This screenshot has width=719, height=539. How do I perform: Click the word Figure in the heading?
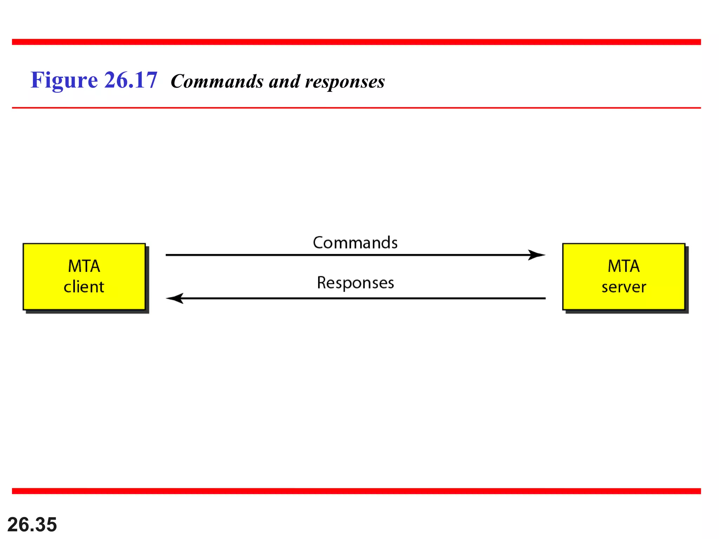click(64, 80)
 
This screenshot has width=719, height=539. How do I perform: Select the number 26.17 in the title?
click(131, 80)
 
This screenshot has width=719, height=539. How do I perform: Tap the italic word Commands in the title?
click(217, 82)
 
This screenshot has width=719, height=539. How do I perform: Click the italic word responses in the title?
click(345, 82)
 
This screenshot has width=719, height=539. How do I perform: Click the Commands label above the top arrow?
click(355, 243)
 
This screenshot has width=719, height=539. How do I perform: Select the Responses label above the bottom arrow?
click(355, 283)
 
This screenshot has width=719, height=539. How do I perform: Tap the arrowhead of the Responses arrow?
click(175, 298)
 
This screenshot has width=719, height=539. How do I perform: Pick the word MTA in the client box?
click(84, 266)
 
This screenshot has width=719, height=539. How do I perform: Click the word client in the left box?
click(84, 287)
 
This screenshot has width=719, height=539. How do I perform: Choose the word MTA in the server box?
click(624, 266)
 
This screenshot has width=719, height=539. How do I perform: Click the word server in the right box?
click(624, 287)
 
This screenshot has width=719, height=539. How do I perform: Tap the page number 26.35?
click(32, 525)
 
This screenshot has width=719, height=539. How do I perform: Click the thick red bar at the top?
click(356, 42)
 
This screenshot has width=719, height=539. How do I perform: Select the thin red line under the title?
click(356, 108)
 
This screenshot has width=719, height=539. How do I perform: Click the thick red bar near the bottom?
click(356, 491)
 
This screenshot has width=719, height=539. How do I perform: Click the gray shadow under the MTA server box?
click(627, 312)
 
